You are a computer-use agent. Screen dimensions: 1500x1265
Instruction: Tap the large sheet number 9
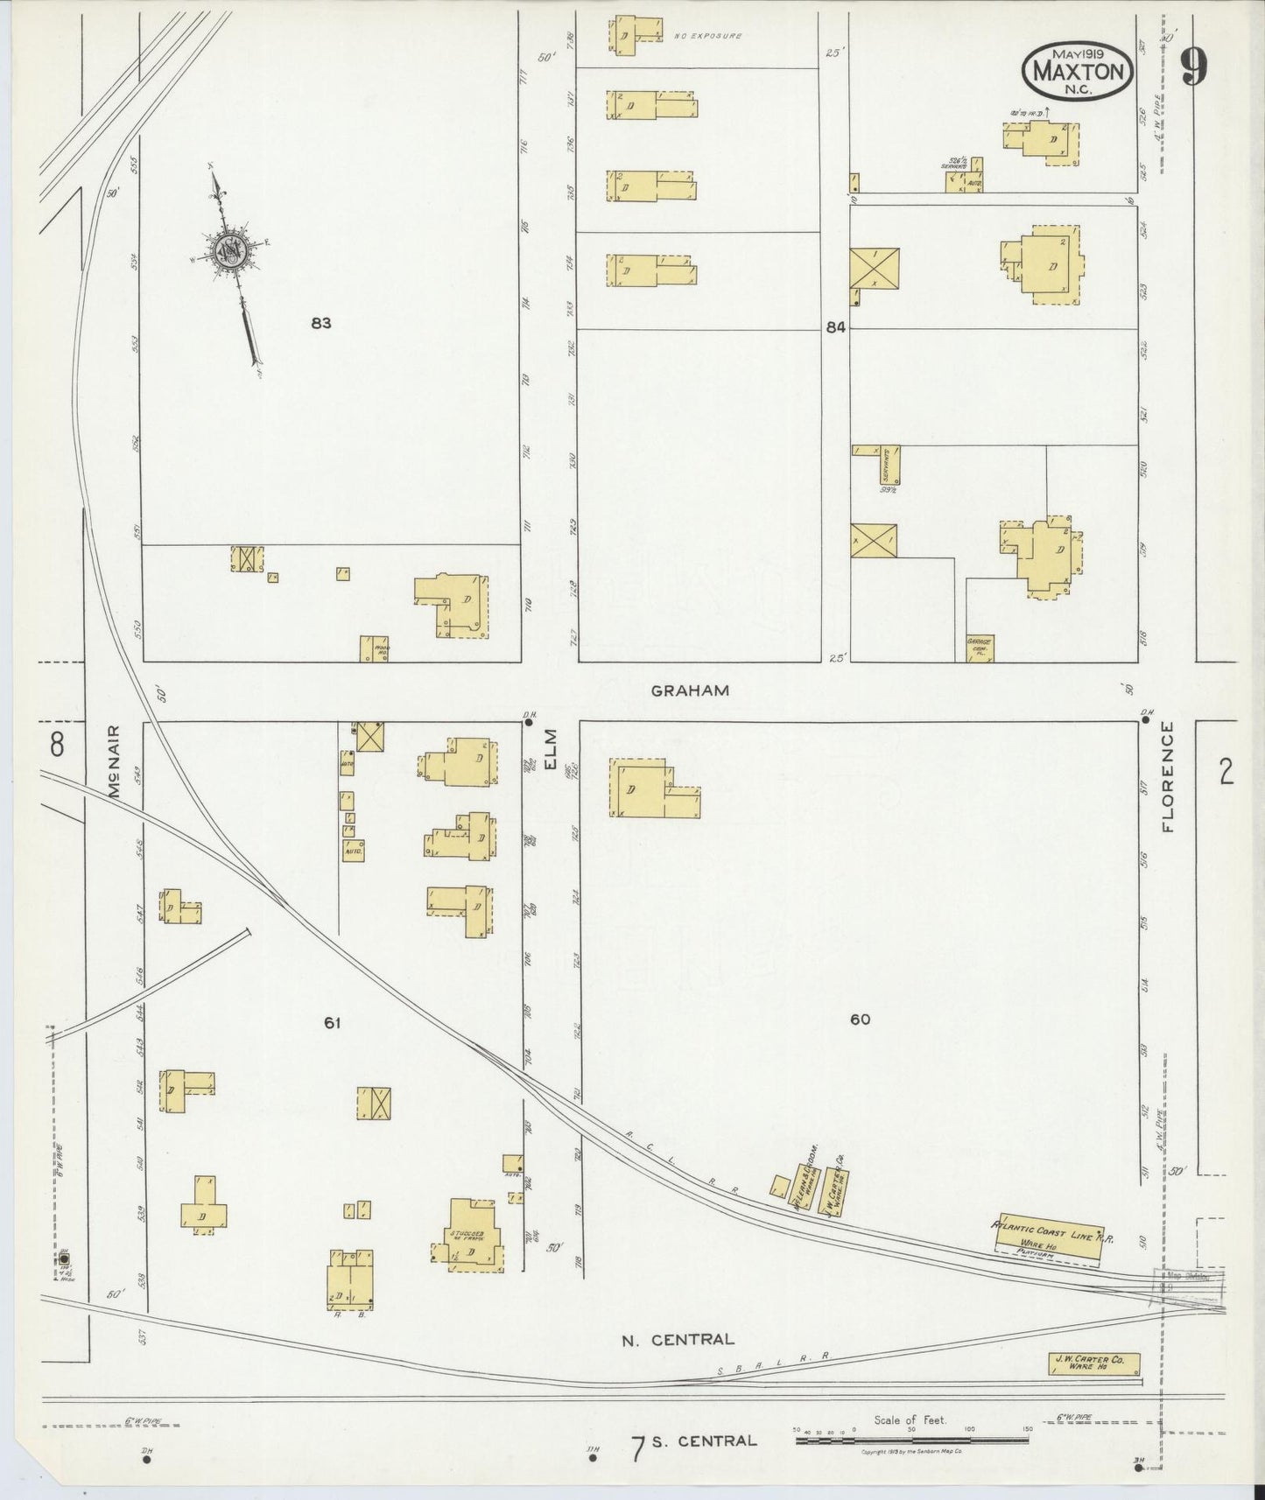[x=1195, y=67]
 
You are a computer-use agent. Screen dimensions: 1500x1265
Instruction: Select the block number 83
[x=320, y=323]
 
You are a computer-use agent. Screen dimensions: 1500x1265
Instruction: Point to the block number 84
[x=835, y=327]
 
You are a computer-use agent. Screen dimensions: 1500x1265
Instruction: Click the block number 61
[x=331, y=1021]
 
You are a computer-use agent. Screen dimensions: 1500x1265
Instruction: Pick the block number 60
[x=860, y=1019]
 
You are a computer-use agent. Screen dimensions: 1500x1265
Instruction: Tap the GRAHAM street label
[x=690, y=690]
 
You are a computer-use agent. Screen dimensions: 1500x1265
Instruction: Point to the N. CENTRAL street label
[x=677, y=1339]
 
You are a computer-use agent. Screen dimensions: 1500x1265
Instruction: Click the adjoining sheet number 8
[x=57, y=745]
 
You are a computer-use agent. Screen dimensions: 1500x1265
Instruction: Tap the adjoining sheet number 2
[x=1226, y=772]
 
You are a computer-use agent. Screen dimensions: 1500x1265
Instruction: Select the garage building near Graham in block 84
[x=979, y=648]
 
